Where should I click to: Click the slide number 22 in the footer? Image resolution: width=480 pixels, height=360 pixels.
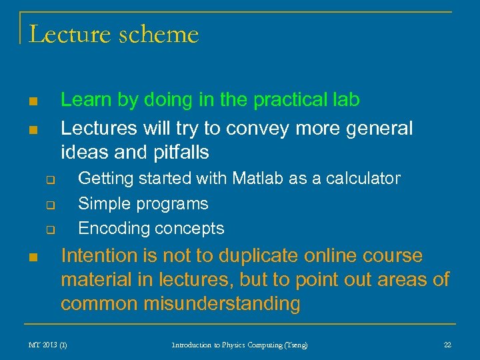pos(447,345)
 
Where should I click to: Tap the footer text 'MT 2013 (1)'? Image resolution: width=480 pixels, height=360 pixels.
pos(47,345)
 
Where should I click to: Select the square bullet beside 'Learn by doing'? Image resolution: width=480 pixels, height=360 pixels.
pos(33,102)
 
